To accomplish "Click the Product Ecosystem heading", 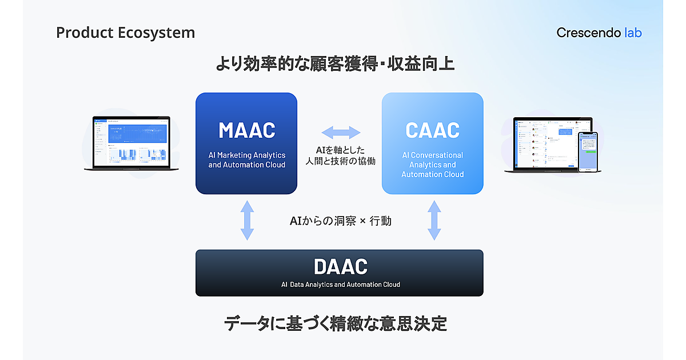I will click(125, 33).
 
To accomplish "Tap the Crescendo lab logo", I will click(599, 33).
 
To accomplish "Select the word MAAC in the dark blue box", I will click(246, 130).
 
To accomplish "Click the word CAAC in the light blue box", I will click(432, 130).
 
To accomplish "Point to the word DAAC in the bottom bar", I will click(340, 266).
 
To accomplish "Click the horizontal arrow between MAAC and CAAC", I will click(341, 133).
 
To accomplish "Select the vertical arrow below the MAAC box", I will click(246, 220).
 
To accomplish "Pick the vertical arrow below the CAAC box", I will click(434, 220).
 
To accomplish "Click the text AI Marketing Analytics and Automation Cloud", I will click(246, 160).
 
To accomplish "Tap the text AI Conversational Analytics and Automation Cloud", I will click(432, 165).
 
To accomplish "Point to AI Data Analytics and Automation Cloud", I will click(340, 285).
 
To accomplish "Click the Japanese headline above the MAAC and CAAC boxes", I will click(334, 63).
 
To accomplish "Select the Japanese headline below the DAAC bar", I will click(336, 324).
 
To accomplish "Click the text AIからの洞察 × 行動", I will click(340, 221).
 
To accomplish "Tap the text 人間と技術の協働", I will click(341, 161).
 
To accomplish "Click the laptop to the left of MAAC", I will click(132, 144).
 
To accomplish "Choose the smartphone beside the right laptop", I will click(588, 151).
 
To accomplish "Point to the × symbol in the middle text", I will click(362, 221).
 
